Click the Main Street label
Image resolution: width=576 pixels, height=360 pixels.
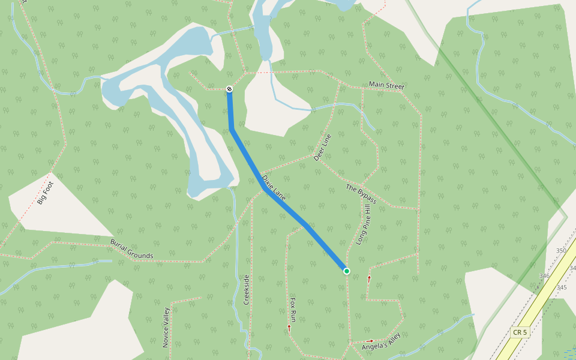[x=386, y=86]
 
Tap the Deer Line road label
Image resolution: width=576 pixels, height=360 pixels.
[x=322, y=148]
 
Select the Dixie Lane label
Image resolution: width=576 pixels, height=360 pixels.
[x=274, y=187]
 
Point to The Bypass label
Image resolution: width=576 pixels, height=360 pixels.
[x=361, y=194]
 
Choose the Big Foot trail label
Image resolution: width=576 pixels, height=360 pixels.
[x=45, y=193]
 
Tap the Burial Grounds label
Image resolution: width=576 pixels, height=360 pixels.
[x=131, y=248]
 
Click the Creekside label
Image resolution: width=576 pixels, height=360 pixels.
[x=246, y=290]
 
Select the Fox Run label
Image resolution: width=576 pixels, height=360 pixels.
[x=293, y=308]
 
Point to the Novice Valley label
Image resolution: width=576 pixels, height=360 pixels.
[x=166, y=327]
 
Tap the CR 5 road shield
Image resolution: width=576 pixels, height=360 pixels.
[x=520, y=332]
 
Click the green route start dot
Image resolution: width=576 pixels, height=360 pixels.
[x=347, y=271]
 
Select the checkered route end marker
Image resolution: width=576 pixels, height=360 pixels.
[x=229, y=89]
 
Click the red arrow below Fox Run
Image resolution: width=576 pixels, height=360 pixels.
[x=289, y=328]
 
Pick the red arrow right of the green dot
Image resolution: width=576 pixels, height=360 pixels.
[x=369, y=278]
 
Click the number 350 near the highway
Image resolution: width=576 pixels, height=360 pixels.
[x=561, y=250]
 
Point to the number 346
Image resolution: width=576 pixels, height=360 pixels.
[x=544, y=276]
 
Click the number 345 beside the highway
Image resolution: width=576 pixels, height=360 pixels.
[x=562, y=288]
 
